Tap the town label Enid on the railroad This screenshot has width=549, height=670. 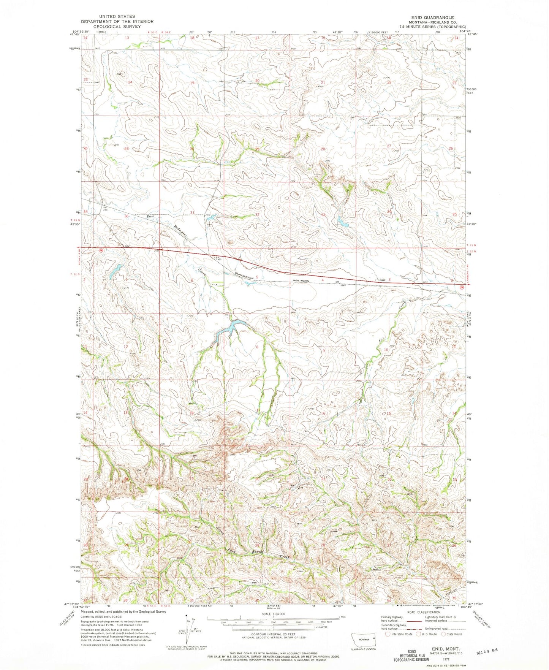click(x=382, y=280)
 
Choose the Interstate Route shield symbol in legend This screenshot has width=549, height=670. click(x=388, y=634)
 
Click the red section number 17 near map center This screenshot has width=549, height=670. click(x=258, y=410)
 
